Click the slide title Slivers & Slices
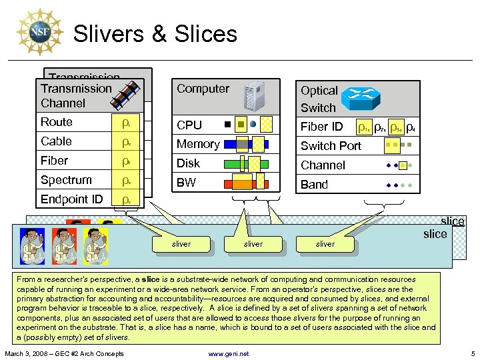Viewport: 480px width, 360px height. (x=155, y=33)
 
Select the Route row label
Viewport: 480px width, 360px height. (x=57, y=122)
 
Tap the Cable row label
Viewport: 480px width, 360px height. (x=57, y=141)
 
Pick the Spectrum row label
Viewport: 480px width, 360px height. (x=66, y=180)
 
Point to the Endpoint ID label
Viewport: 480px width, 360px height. (x=72, y=199)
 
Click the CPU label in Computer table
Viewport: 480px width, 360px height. (x=189, y=125)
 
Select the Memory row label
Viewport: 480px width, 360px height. (x=198, y=144)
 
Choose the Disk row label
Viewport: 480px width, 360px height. (x=188, y=163)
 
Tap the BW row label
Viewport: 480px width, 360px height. (x=187, y=183)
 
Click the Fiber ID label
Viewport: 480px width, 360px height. (x=321, y=127)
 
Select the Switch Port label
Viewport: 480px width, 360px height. (x=331, y=146)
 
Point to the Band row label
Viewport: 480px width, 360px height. (x=314, y=185)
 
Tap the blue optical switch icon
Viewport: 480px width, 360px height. (x=359, y=99)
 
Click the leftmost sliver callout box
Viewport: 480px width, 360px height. (x=181, y=244)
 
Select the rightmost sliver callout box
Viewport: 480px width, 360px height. (x=325, y=244)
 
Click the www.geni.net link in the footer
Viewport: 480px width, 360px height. (x=229, y=353)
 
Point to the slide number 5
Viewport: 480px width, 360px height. (x=472, y=353)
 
